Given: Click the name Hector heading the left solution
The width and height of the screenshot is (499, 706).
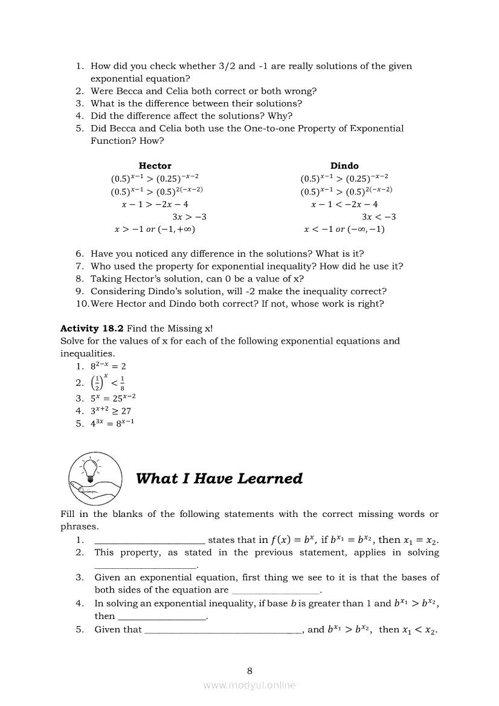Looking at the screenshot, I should coord(155,165).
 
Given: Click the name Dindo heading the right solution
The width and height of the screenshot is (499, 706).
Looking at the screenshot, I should coord(344,165).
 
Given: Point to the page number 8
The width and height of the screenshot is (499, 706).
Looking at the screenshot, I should coord(249,670).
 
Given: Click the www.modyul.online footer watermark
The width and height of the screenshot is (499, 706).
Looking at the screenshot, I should coord(249,685).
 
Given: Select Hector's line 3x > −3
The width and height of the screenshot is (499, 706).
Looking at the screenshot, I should coord(189,217).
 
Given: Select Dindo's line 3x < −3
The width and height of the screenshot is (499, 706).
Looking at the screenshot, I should coord(379,217).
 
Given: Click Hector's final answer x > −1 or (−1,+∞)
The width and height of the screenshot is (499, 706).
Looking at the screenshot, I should coord(155,229).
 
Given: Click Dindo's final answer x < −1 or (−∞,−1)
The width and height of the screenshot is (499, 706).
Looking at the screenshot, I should coord(344,229).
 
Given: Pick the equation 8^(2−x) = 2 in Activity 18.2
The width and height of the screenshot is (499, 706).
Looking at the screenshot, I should coord(109,366).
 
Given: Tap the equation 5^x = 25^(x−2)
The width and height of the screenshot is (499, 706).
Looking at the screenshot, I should coord(114,398).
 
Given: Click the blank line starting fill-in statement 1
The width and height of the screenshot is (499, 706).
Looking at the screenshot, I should coord(150,542).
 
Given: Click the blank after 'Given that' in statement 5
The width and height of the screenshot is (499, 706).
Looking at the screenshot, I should coord(224,631).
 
